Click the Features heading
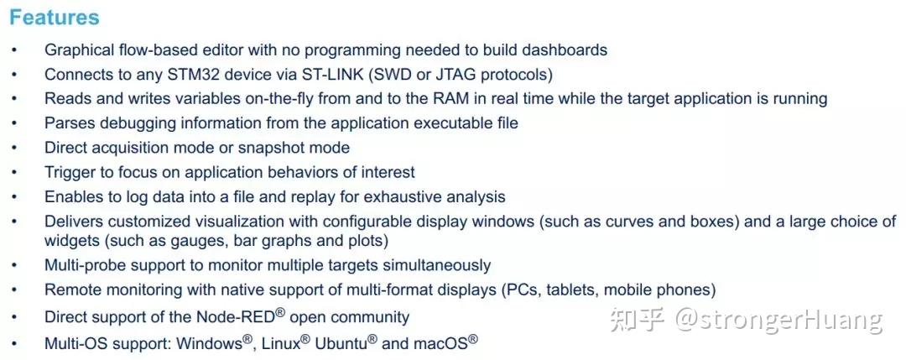pyautogui.click(x=55, y=18)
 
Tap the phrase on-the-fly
pyautogui.click(x=272, y=99)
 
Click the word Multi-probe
pyautogui.click(x=85, y=266)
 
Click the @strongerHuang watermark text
pyautogui.click(x=778, y=320)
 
